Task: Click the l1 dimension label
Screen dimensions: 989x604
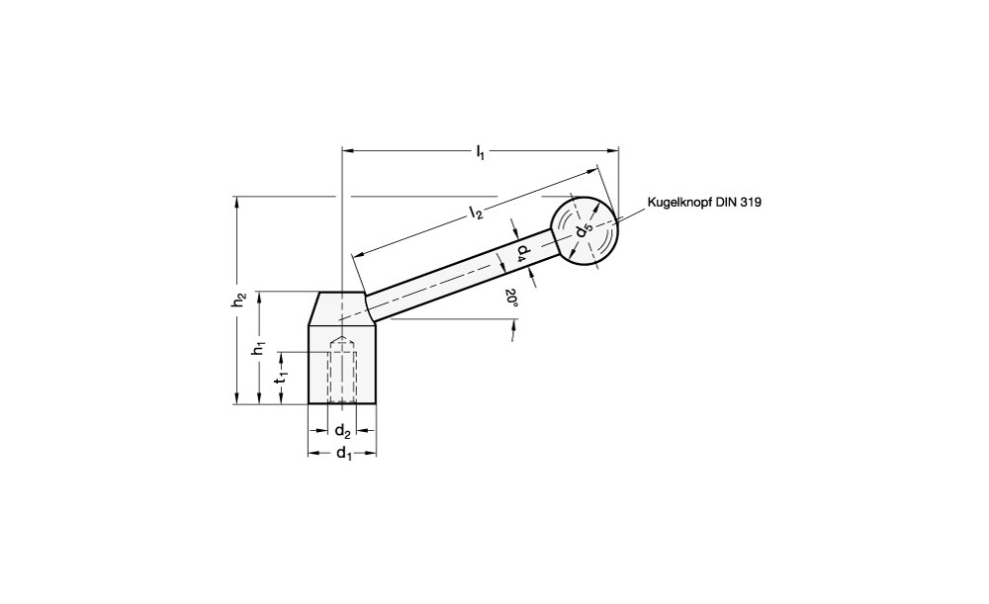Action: coord(480,152)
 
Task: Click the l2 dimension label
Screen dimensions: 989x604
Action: coord(476,214)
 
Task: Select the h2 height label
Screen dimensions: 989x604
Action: coord(237,301)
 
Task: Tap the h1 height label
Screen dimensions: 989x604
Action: coord(259,348)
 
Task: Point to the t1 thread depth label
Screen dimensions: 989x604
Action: coord(281,377)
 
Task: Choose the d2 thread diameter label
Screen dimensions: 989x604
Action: coord(342,431)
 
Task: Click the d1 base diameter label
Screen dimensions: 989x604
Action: coord(344,454)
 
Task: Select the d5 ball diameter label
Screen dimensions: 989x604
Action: coord(584,229)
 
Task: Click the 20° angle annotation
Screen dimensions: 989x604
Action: coord(511,298)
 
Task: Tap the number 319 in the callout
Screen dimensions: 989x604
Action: coord(751,203)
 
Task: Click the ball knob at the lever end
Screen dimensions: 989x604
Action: coord(584,230)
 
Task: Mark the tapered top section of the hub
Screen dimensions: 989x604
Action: coord(342,309)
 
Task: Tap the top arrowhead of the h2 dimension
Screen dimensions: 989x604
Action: coord(236,201)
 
